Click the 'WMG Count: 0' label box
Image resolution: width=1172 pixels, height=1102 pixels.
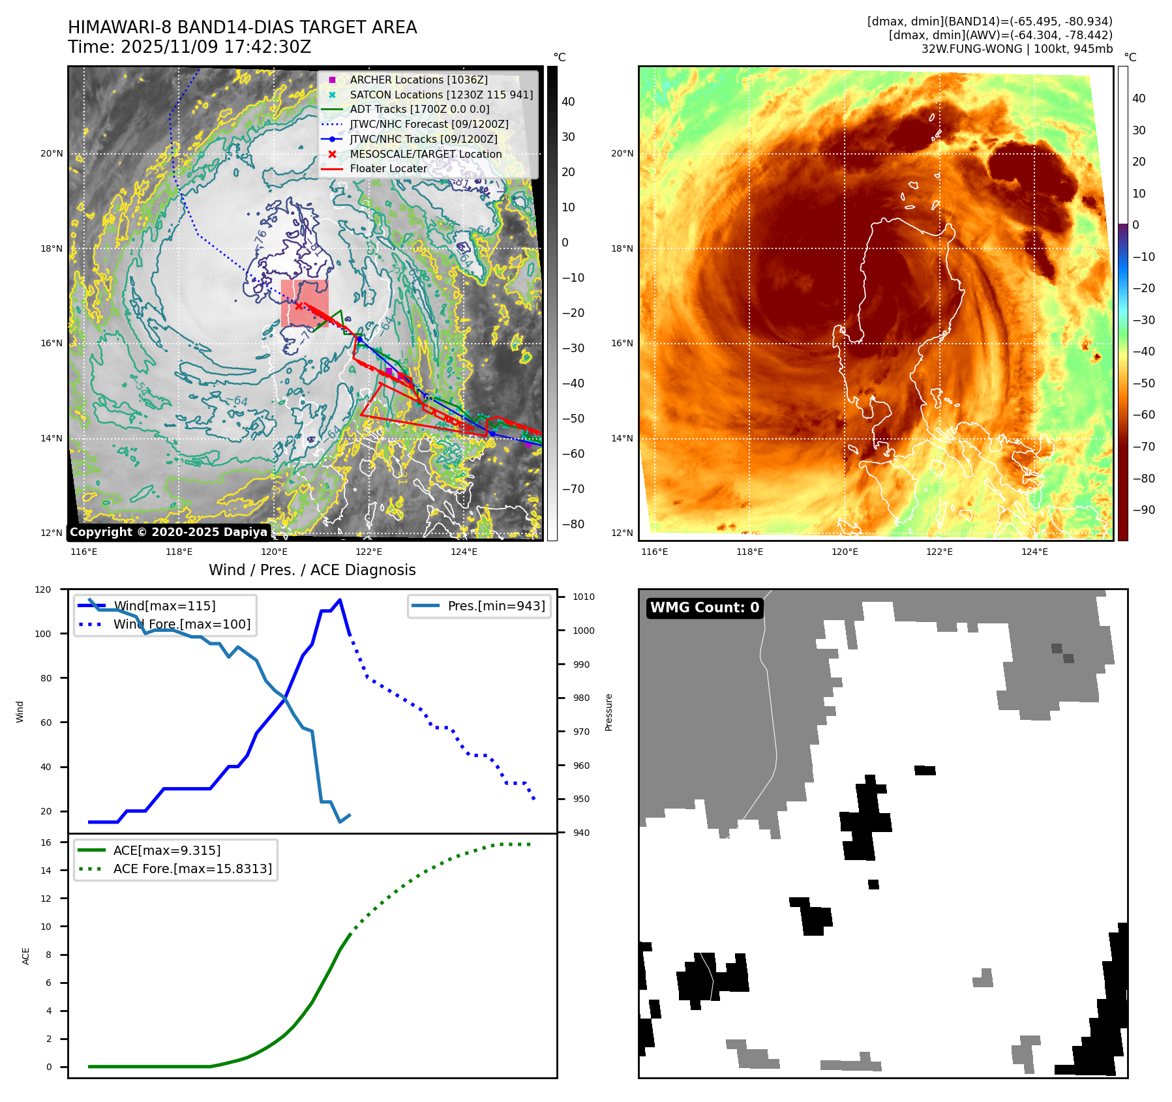coord(704,608)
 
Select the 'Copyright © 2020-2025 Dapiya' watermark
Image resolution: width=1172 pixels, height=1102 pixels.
coord(168,532)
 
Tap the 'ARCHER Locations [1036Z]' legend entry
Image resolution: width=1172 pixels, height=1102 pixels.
coord(418,80)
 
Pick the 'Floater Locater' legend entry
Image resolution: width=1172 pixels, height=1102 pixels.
coord(388,168)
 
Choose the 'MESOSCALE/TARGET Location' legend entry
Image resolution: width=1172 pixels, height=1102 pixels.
coord(425,154)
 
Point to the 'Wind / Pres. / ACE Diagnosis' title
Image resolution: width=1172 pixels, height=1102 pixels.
coord(312,570)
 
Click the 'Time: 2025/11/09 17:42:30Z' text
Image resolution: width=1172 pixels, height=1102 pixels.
coord(189,48)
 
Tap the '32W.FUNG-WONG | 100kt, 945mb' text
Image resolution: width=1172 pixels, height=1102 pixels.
coord(1017,49)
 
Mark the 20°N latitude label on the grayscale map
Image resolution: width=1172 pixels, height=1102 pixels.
coord(52,154)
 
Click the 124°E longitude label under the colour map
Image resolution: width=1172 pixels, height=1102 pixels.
coord(1034,552)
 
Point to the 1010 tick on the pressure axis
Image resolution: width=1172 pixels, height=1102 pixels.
coord(584,597)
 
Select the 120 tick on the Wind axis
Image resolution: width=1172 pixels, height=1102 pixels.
coord(43,589)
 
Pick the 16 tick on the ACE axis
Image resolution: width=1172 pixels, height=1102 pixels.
coord(46,842)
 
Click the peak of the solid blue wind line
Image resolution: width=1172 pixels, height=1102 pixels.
coord(340,600)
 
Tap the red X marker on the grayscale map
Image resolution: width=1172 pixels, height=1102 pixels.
coord(299,305)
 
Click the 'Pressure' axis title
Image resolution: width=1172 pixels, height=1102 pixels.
coord(609,712)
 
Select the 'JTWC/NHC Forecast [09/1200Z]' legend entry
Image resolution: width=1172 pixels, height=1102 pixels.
coord(428,124)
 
